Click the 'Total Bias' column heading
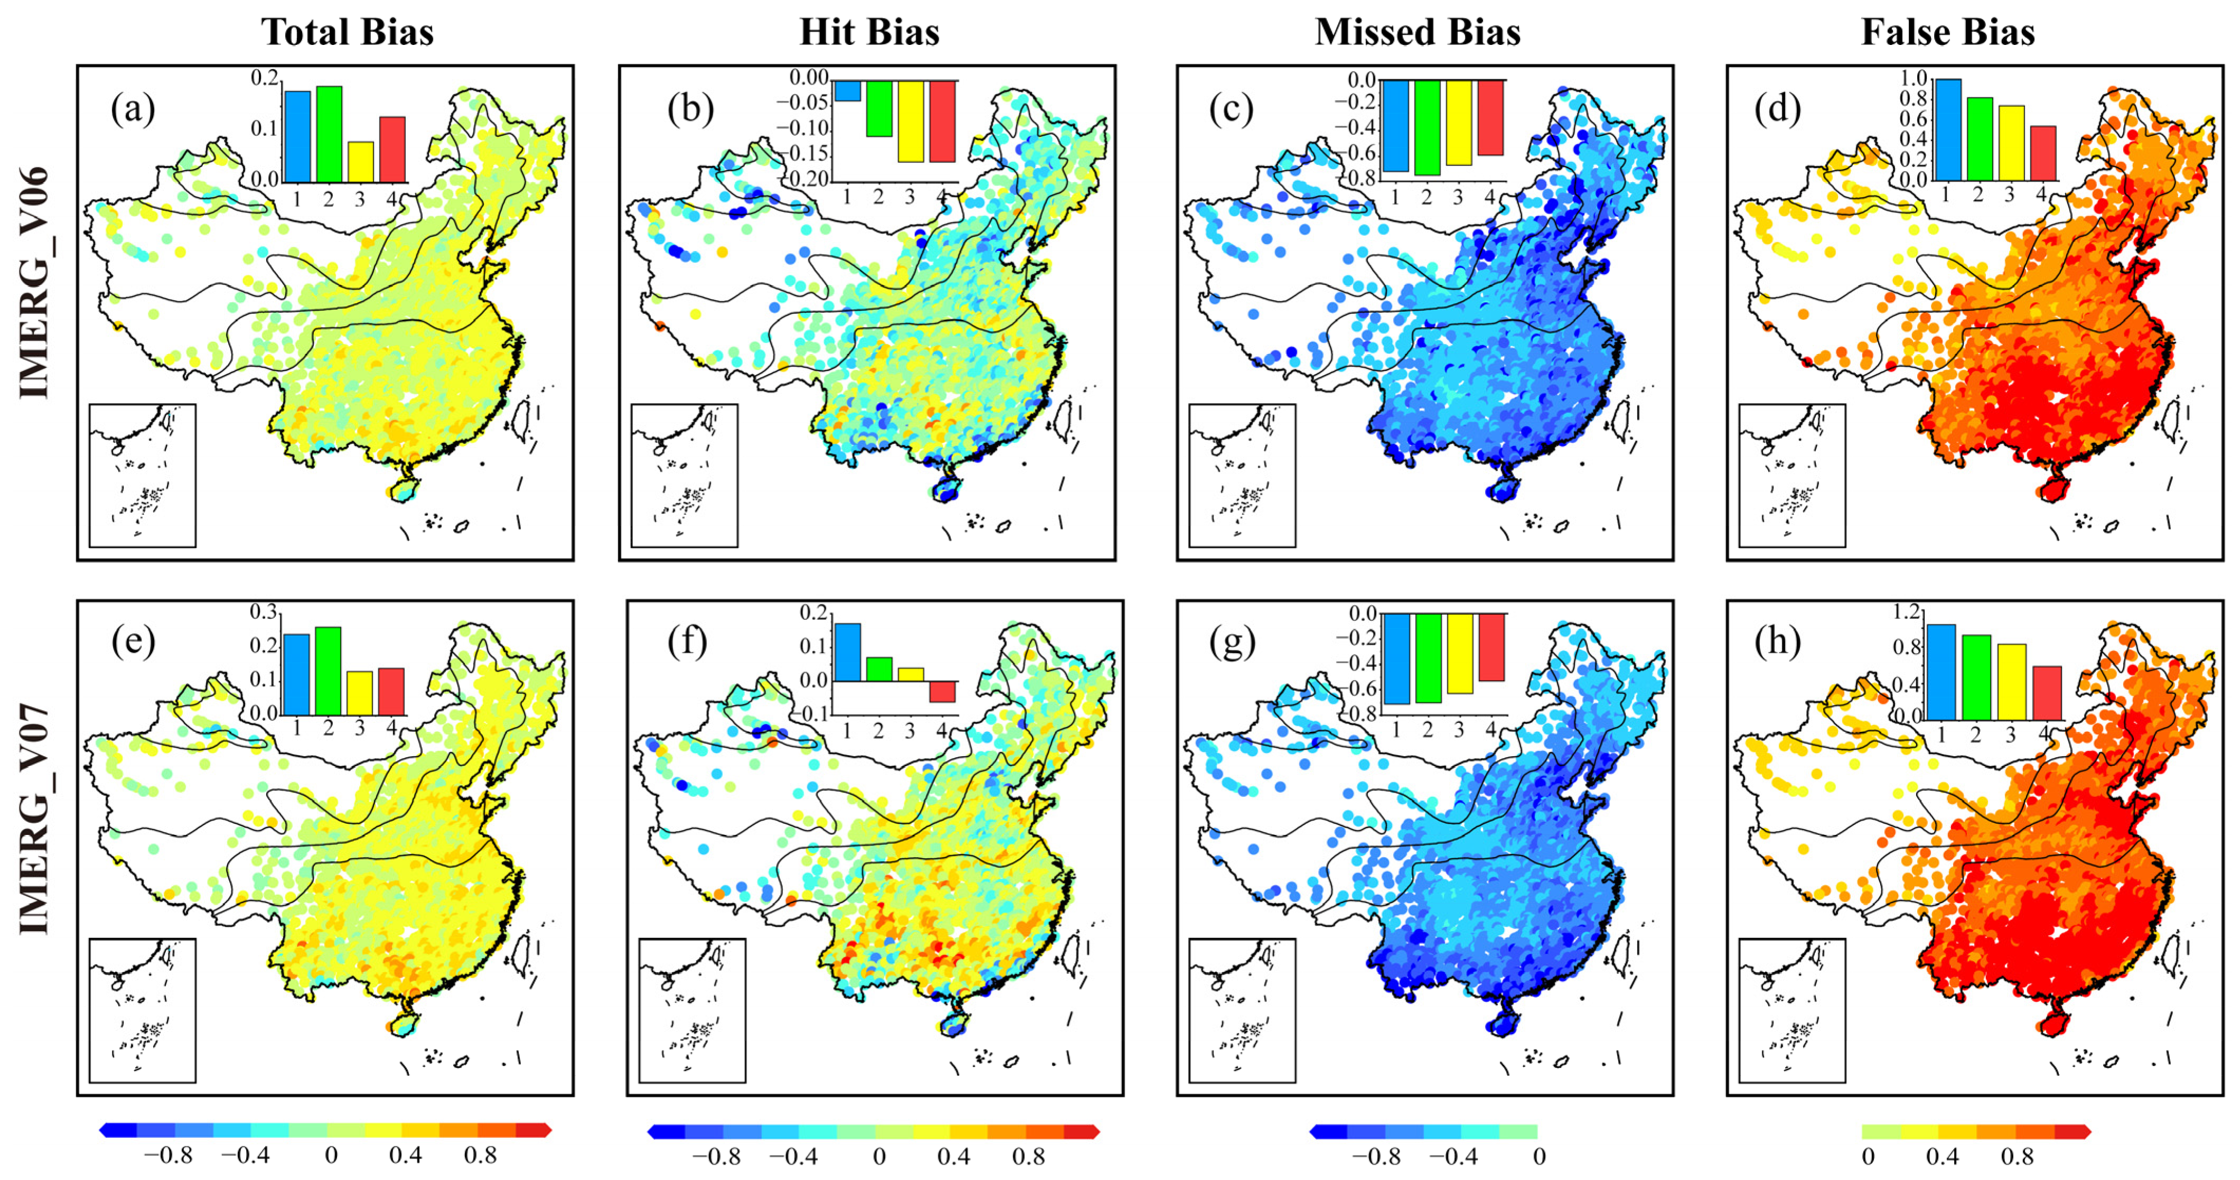[347, 32]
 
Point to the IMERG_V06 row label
[35, 283]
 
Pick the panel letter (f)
[687, 643]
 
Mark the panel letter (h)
[1777, 643]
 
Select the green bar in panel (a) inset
[329, 133]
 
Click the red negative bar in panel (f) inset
[942, 691]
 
